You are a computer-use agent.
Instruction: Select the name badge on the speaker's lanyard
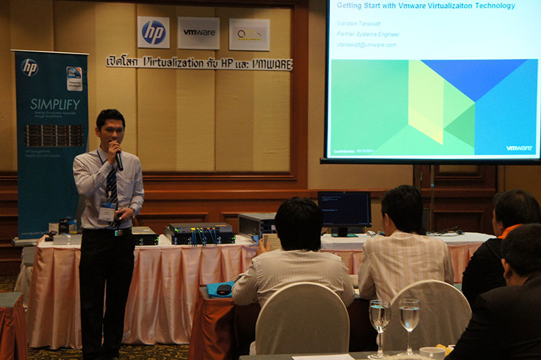pos(108,212)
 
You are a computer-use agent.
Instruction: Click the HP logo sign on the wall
pos(154,32)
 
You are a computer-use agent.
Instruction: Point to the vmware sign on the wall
pos(199,32)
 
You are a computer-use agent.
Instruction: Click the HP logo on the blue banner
pos(29,67)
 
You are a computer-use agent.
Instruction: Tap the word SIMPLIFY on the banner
pos(55,104)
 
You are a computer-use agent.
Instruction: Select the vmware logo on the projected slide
pos(519,148)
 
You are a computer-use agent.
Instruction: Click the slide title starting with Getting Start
pos(425,6)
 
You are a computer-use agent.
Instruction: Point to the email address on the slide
pos(367,45)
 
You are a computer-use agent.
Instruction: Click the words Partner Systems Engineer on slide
pos(368,34)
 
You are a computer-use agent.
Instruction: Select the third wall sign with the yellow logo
pos(248,34)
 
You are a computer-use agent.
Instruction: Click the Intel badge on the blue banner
pos(74,76)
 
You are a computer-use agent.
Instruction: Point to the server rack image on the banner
pos(54,135)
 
